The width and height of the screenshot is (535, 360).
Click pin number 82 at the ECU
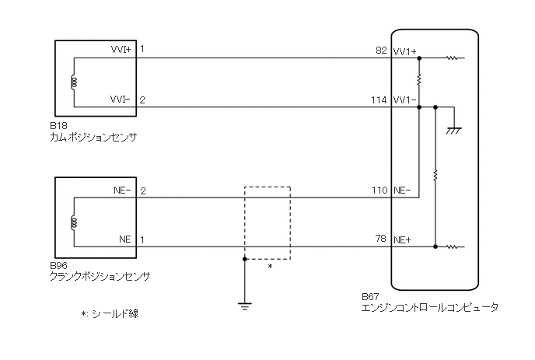point(380,51)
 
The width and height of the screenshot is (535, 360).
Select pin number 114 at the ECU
point(379,101)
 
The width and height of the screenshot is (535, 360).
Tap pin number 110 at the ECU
point(379,190)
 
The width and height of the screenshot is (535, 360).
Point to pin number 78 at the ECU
point(380,239)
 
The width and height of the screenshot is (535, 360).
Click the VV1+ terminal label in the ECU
point(405,52)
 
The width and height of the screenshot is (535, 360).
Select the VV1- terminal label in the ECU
point(405,101)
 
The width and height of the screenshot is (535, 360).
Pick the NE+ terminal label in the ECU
point(404,239)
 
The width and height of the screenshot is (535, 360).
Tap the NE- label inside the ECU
point(403,190)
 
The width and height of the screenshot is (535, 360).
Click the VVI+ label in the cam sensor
point(121,49)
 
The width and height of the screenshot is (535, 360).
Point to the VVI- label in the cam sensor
point(121,100)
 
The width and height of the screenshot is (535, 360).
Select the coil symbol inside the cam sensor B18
point(74,82)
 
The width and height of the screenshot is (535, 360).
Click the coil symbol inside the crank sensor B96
point(74,222)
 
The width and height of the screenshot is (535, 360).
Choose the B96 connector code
point(55,265)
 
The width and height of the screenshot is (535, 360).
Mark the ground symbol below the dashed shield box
point(245,305)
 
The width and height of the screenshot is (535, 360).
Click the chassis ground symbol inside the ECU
point(451,131)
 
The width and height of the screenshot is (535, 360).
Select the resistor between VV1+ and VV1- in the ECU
point(419,80)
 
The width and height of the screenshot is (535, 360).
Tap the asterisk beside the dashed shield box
point(270,267)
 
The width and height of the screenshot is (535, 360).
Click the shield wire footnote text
point(114,315)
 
